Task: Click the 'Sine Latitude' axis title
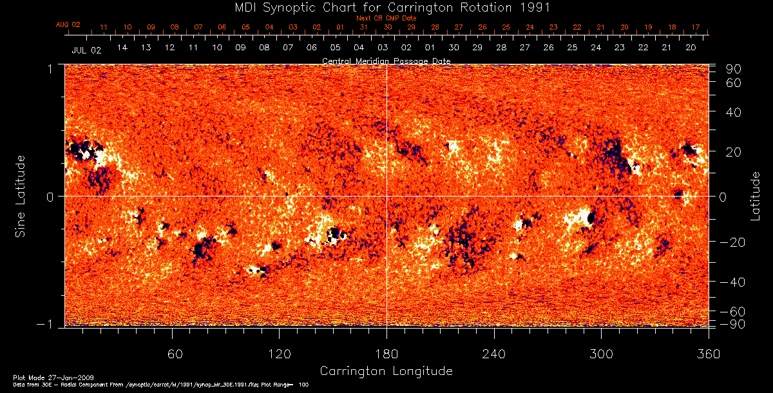pyautogui.click(x=21, y=195)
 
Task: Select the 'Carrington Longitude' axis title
pyautogui.click(x=386, y=371)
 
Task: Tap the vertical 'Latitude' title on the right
pyautogui.click(x=755, y=196)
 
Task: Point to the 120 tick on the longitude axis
pyautogui.click(x=280, y=354)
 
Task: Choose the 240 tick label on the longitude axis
pyautogui.click(x=494, y=354)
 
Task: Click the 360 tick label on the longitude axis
pyautogui.click(x=709, y=354)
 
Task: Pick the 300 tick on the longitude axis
pyautogui.click(x=601, y=354)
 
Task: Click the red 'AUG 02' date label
pyautogui.click(x=68, y=24)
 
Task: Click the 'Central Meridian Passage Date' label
pyautogui.click(x=386, y=61)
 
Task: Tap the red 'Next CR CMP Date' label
pyautogui.click(x=386, y=19)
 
